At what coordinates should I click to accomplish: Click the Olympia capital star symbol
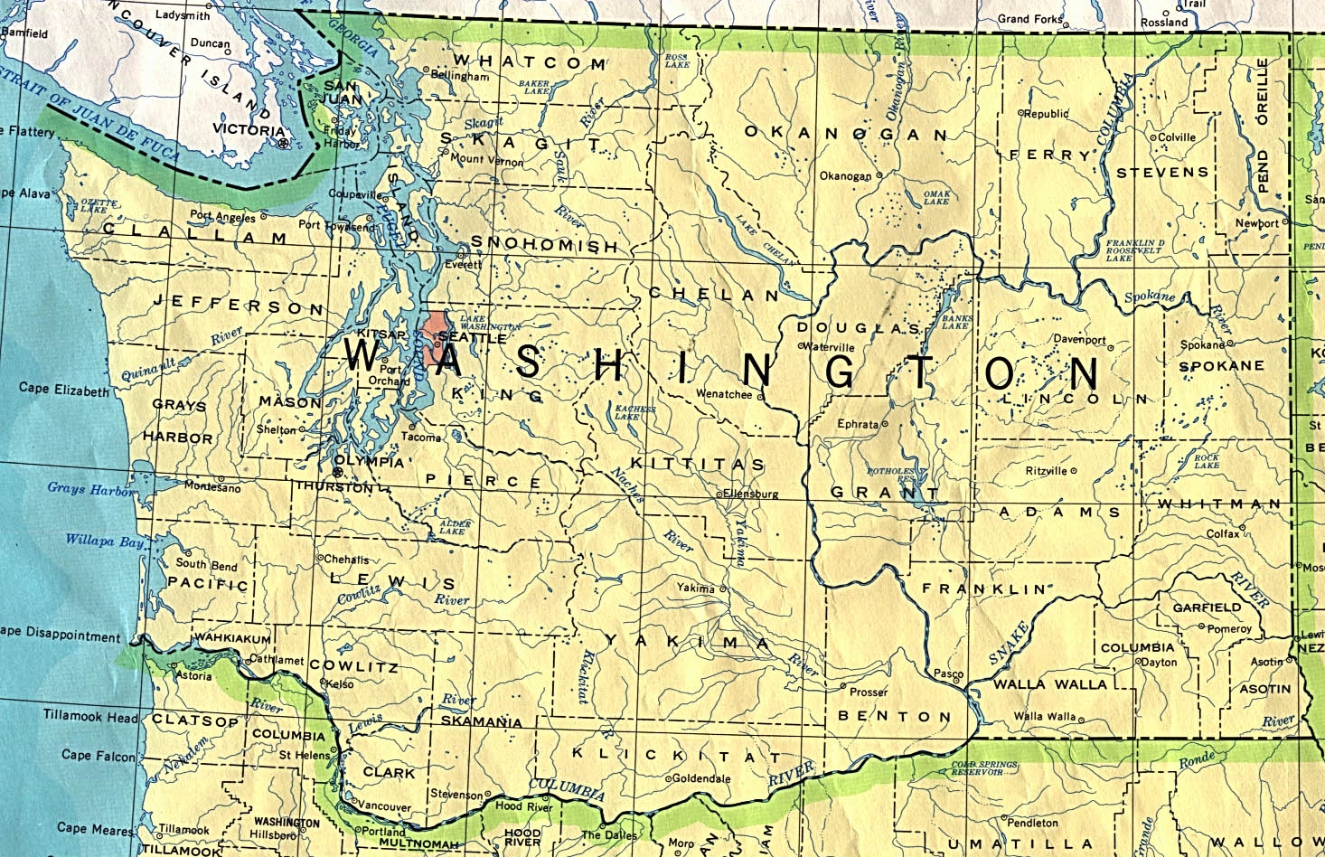(338, 472)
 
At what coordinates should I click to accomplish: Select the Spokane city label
(1202, 345)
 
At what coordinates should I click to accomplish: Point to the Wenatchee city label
(723, 394)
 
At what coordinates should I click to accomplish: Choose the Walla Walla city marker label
(1044, 717)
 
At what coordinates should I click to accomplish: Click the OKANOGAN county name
(845, 134)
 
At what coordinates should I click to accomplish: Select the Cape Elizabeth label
(63, 390)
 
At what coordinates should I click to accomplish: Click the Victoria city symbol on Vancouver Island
(284, 143)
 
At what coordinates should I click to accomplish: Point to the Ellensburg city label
(750, 494)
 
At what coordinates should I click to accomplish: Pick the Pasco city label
(947, 674)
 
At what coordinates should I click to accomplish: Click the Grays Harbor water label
(89, 489)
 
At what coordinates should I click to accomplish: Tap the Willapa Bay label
(104, 542)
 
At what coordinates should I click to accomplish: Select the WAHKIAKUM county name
(233, 639)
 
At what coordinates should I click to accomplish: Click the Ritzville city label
(1047, 471)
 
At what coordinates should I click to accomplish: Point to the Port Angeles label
(222, 216)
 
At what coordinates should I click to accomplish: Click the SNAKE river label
(1008, 643)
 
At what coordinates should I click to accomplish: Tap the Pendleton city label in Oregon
(1032, 823)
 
